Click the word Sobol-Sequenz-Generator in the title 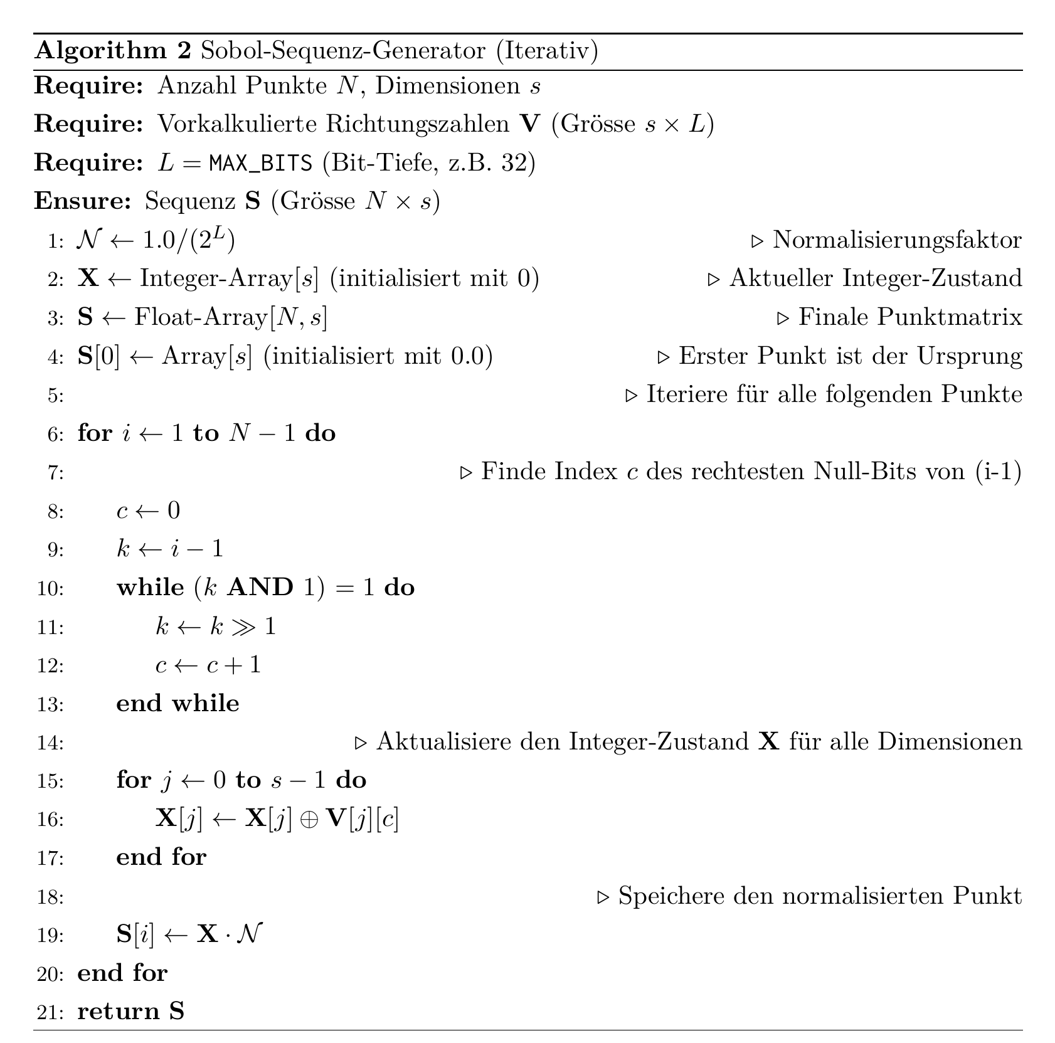coord(343,50)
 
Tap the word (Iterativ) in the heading coord(547,50)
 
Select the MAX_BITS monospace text coord(261,163)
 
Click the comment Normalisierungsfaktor coord(897,240)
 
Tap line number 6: coord(56,434)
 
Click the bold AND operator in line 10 coord(260,588)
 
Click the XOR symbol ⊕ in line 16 coord(309,819)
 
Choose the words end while coord(178,703)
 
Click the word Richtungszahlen coord(417,124)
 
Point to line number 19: coord(50,935)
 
